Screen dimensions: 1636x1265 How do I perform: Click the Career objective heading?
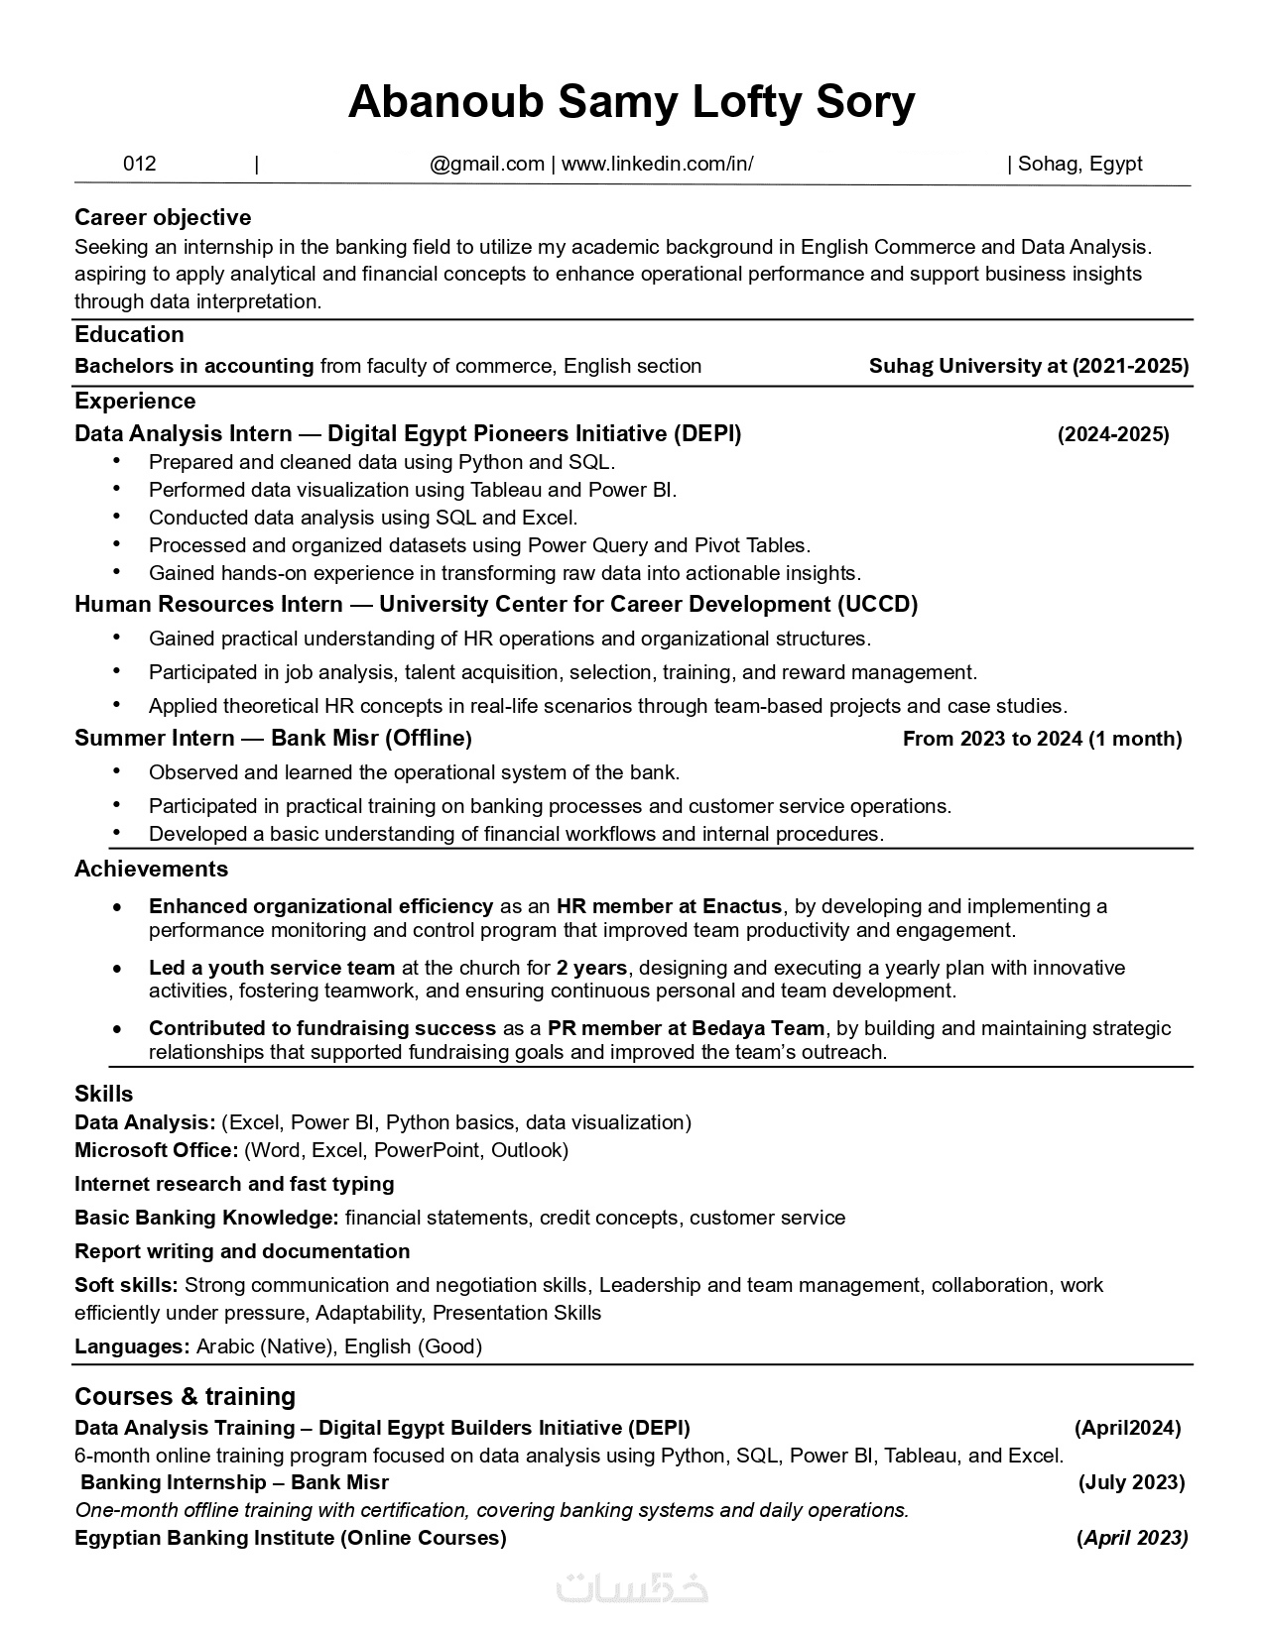pos(163,217)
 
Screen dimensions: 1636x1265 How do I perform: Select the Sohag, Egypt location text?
pos(1079,164)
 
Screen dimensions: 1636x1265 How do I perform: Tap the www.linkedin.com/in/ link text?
pos(657,164)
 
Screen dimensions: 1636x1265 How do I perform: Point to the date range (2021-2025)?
pos(1130,366)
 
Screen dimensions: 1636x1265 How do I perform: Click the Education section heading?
pos(129,334)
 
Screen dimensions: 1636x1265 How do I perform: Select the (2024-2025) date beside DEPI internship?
pos(1113,434)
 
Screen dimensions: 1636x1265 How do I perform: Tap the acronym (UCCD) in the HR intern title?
pos(877,604)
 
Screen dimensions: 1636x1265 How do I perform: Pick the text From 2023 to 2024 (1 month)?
pos(1042,739)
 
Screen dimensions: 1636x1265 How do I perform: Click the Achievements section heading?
pos(151,869)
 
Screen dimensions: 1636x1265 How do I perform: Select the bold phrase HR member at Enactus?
pos(669,906)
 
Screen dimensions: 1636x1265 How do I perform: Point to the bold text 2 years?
pos(591,968)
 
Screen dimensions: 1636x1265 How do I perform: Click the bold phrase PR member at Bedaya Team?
pos(686,1028)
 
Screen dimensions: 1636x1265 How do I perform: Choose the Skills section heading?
pos(103,1094)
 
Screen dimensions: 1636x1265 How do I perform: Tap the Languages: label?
pos(132,1346)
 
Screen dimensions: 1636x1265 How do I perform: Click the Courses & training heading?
pos(185,1396)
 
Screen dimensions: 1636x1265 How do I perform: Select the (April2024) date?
pos(1127,1428)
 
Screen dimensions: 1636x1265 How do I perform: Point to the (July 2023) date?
pos(1131,1482)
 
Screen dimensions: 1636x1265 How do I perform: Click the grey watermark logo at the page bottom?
pos(632,1586)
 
